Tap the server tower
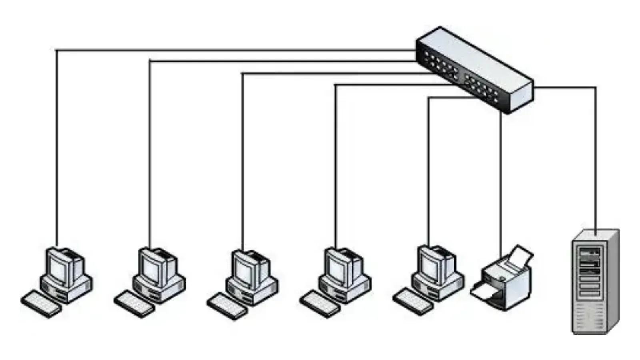[594, 282]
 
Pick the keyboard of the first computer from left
[40, 304]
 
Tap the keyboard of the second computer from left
[134, 304]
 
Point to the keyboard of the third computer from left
[227, 306]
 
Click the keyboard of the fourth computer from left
[320, 304]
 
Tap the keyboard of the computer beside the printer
[412, 302]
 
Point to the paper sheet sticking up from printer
[522, 255]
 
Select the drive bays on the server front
[590, 272]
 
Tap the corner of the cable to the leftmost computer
[56, 50]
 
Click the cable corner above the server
[596, 88]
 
